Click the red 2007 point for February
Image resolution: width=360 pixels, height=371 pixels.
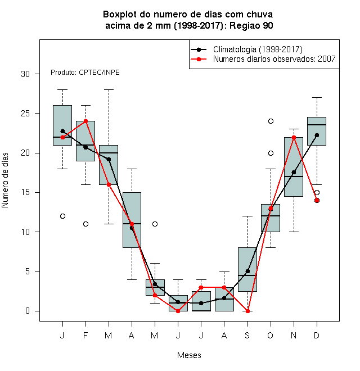coord(85,121)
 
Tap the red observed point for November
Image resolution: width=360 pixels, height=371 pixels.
coord(294,137)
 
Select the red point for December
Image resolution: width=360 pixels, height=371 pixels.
coord(317,201)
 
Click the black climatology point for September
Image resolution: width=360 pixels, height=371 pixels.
coord(247,271)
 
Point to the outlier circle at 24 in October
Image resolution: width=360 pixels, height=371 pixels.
coord(271,121)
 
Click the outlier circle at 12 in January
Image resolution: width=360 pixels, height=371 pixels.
coord(62,216)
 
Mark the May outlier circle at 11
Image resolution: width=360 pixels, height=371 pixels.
coord(155,224)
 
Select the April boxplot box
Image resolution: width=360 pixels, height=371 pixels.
coord(132,220)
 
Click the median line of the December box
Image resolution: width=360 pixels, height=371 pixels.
coord(317,125)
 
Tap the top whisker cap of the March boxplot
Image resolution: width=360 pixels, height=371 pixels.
coord(109,90)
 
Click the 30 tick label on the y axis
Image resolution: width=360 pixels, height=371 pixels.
coord(25,74)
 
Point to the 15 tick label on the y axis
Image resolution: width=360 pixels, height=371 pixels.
coord(25,192)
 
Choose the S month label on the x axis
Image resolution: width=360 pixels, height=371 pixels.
coord(247,335)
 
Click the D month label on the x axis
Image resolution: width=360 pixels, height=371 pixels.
coord(317,335)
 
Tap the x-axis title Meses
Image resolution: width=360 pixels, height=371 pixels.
coord(189,355)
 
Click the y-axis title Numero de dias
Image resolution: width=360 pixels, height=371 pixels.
coord(5,180)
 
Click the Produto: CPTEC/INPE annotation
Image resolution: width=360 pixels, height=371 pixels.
coord(85,73)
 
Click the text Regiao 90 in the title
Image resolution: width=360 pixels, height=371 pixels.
coord(251,25)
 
